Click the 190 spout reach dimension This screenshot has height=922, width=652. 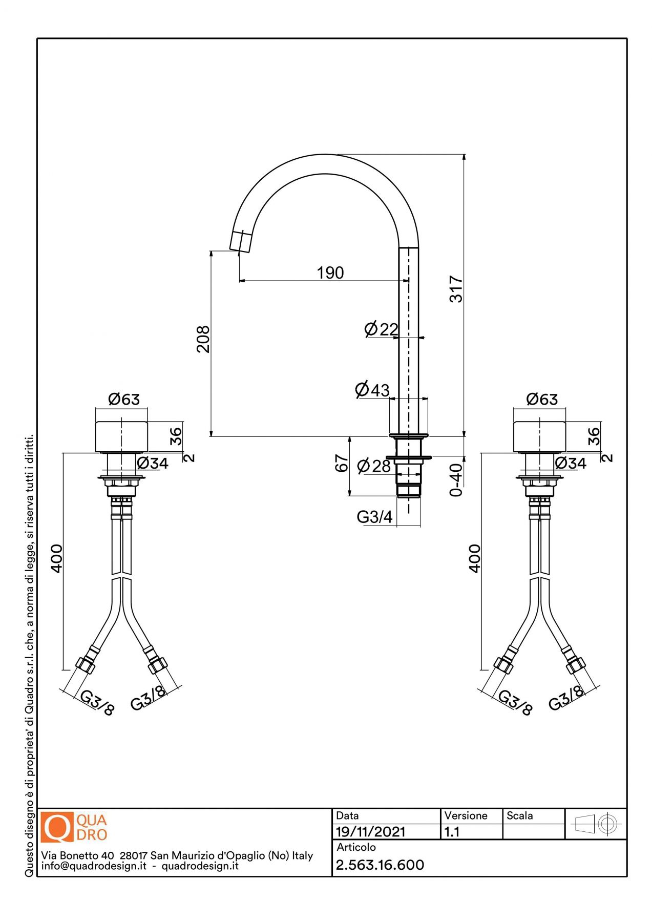(330, 273)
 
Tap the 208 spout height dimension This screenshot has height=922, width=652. (203, 339)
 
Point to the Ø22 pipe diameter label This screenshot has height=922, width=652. (381, 329)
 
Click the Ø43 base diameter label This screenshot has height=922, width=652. (372, 390)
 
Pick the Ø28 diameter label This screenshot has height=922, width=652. (374, 466)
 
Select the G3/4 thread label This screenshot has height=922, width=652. (374, 517)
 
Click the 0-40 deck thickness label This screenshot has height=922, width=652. (455, 480)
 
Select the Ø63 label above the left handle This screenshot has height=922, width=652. (124, 399)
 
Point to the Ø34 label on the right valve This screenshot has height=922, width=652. (571, 463)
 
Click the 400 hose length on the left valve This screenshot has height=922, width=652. (56, 558)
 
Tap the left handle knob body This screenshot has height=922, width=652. (121, 436)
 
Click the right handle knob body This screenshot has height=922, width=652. (539, 436)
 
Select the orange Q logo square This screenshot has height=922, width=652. (57, 827)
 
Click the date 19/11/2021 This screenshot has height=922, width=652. (370, 831)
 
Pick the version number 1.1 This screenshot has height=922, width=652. (452, 831)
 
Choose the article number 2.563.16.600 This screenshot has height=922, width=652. (380, 865)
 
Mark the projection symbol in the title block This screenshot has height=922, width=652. (596, 824)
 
